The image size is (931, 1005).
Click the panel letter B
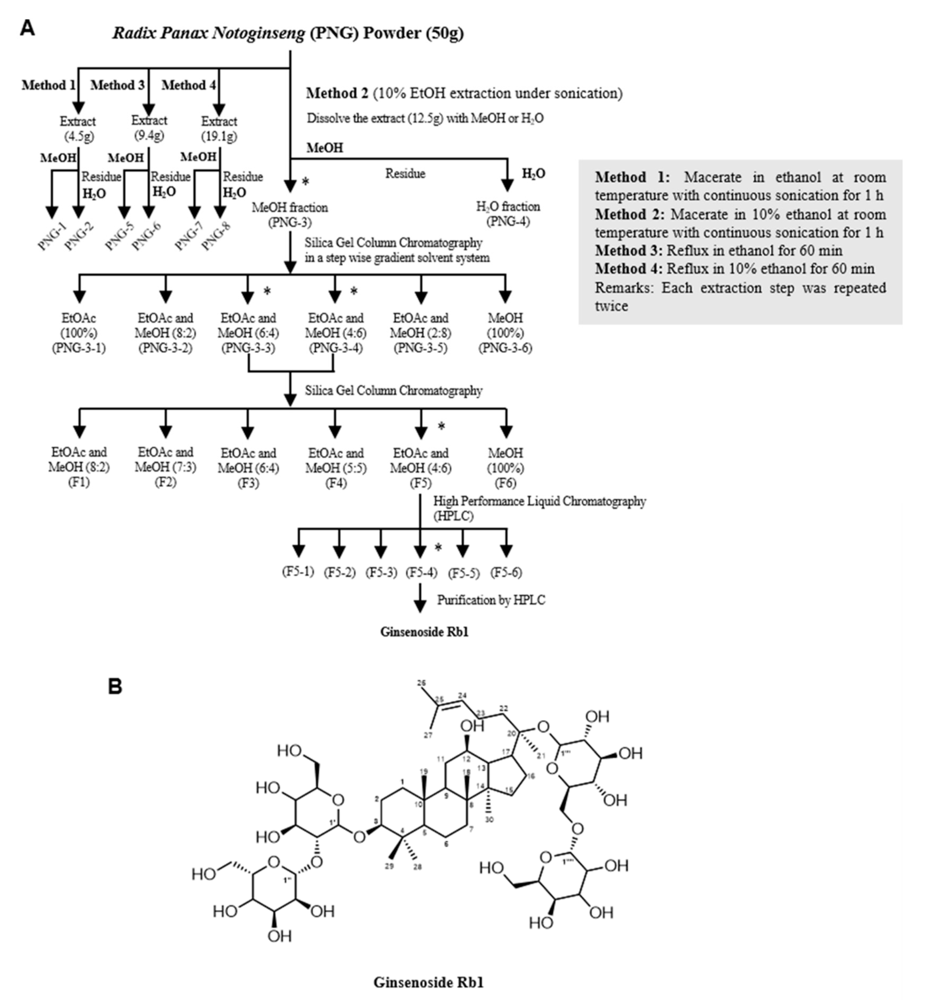[115, 686]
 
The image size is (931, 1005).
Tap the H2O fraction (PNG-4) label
[508, 214]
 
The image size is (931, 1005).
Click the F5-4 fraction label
[421, 572]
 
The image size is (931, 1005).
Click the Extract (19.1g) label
[219, 129]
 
